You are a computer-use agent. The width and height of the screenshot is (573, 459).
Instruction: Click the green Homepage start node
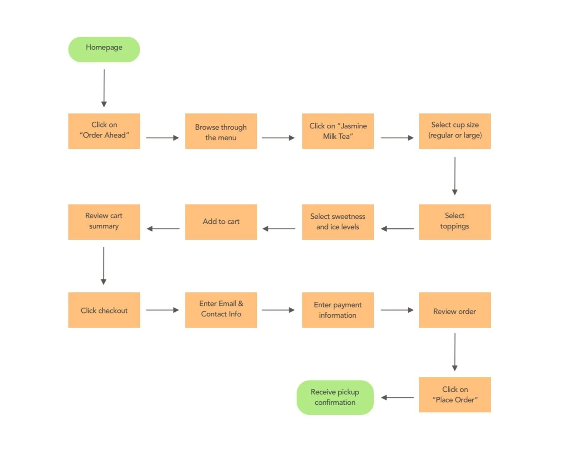click(104, 49)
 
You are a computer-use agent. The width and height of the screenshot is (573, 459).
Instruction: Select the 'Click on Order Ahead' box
click(104, 131)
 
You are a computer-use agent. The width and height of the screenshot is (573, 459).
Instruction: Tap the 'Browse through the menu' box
click(221, 131)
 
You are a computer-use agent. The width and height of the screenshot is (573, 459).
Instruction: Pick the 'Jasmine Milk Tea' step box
click(338, 131)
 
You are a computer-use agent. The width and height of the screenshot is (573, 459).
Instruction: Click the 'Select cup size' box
click(455, 131)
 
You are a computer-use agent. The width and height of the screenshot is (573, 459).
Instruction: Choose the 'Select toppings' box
click(455, 222)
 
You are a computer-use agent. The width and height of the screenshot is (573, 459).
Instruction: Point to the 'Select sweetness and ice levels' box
click(338, 222)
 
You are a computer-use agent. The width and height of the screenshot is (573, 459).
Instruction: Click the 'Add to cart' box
click(221, 222)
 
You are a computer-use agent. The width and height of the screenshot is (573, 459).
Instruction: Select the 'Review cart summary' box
click(104, 222)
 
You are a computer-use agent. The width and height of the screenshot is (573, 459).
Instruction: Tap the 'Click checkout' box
click(104, 310)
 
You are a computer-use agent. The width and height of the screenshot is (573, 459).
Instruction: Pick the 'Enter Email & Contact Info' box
click(221, 310)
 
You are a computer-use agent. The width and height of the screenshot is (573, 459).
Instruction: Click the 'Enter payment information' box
click(338, 310)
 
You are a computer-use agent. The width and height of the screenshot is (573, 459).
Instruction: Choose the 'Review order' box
click(455, 310)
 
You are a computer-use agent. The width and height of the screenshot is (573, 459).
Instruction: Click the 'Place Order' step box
click(455, 394)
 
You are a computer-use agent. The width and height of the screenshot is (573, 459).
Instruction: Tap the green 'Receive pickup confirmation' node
click(335, 397)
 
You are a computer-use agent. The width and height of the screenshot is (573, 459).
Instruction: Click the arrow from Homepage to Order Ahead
click(104, 88)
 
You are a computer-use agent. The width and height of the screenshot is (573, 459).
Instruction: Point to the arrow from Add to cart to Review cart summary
click(163, 228)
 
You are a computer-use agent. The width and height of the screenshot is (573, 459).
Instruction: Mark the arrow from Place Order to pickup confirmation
click(398, 398)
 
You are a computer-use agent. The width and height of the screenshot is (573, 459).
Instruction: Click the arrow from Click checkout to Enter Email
click(162, 310)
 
